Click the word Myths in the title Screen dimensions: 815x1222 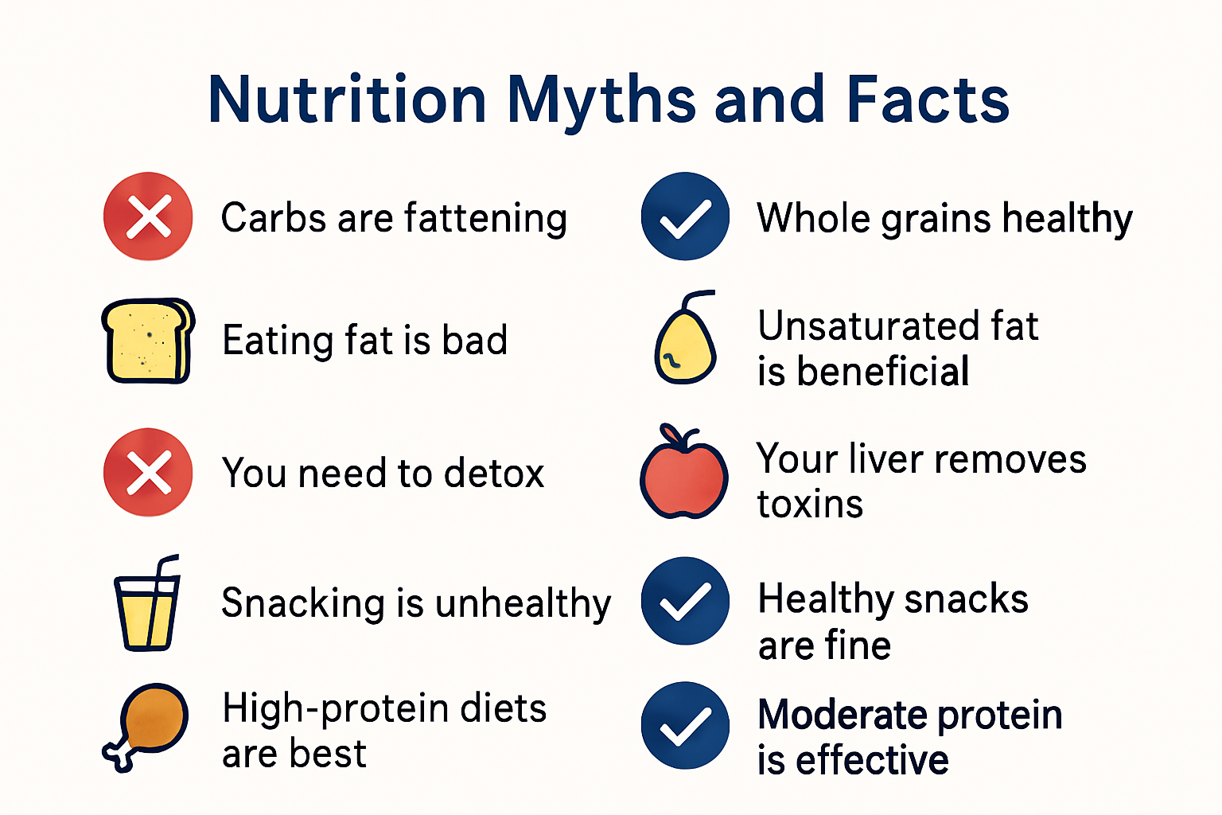click(x=601, y=101)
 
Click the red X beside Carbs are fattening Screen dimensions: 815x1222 click(x=148, y=216)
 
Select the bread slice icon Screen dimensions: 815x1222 click(x=148, y=341)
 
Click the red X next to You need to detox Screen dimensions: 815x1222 click(x=148, y=473)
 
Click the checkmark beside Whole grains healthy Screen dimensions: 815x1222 click(x=685, y=216)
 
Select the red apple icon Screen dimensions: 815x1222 click(x=684, y=474)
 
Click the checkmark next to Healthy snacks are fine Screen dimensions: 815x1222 click(x=685, y=601)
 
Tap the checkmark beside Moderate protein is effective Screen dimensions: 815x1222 click(x=685, y=725)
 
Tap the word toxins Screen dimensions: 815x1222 click(x=810, y=505)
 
